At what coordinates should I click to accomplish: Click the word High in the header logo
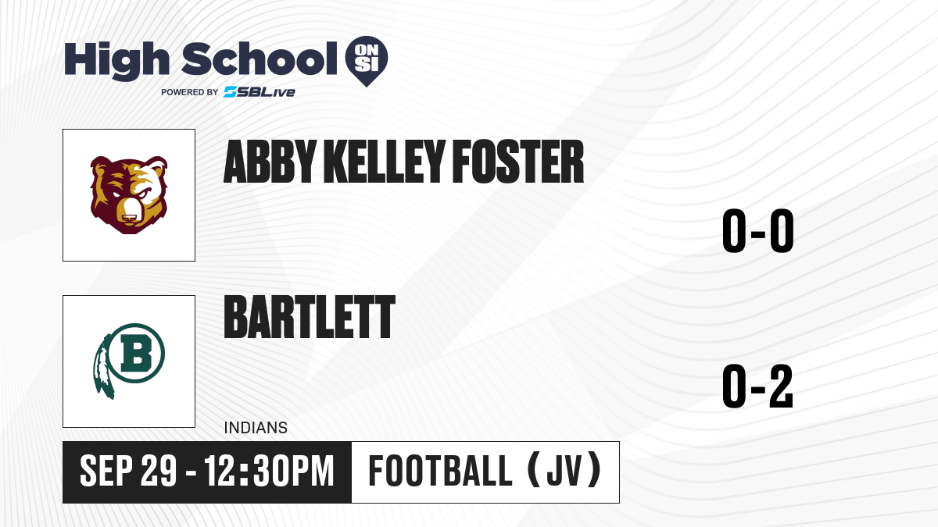point(116,61)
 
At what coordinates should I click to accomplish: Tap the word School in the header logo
point(260,59)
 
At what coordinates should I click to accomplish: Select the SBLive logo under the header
point(260,92)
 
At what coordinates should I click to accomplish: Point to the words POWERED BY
point(190,92)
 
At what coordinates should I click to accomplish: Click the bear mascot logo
point(129,195)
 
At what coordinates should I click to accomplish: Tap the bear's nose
point(130,219)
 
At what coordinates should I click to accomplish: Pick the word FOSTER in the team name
point(518,162)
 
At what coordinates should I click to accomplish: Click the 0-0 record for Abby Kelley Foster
point(758,230)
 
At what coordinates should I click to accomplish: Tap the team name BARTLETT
point(310,317)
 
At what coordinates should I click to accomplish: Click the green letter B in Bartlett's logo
point(136,354)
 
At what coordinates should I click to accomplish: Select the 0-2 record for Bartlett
point(758,386)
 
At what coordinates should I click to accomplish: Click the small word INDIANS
point(256,428)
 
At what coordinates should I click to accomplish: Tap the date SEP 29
point(128,471)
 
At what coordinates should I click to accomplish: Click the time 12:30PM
point(269,471)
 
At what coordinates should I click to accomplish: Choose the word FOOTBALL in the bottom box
point(440,471)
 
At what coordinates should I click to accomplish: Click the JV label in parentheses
point(564,471)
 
